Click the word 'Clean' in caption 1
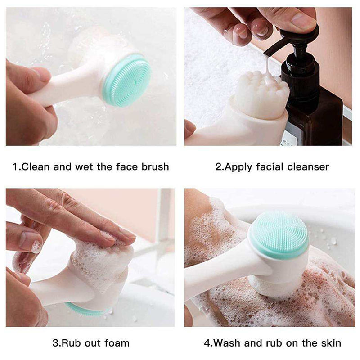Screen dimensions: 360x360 pyautogui.click(x=36, y=167)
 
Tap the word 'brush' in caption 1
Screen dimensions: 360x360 pyautogui.click(x=154, y=167)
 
